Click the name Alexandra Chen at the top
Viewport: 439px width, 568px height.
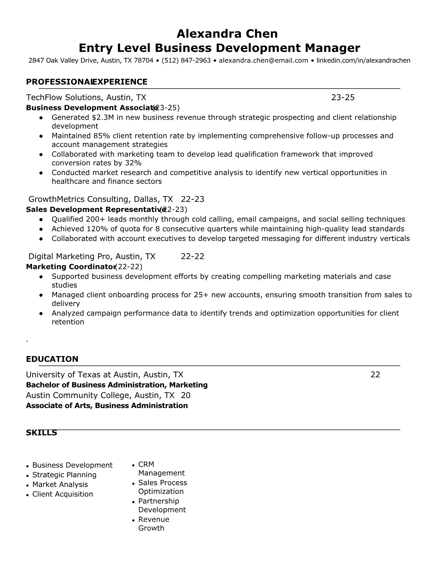(227, 34)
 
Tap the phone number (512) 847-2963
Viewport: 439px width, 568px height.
(186, 60)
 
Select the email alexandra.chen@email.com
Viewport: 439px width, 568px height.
(263, 60)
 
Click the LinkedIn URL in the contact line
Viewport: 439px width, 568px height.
(363, 60)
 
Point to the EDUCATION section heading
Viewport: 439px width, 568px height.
(52, 359)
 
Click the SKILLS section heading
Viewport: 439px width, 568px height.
(41, 432)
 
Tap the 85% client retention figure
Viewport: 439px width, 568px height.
(101, 136)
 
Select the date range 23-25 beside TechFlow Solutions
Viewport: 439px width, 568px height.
(343, 97)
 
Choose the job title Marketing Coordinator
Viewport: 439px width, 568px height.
(71, 266)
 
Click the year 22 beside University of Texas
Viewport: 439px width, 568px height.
(375, 375)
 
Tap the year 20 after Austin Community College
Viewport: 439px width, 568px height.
(185, 395)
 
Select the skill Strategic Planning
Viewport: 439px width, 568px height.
(64, 475)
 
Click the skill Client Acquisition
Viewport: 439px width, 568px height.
(62, 494)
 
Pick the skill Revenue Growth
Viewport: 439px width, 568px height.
(154, 524)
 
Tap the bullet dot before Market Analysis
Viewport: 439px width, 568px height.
(28, 485)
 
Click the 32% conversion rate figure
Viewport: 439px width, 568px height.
(133, 163)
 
